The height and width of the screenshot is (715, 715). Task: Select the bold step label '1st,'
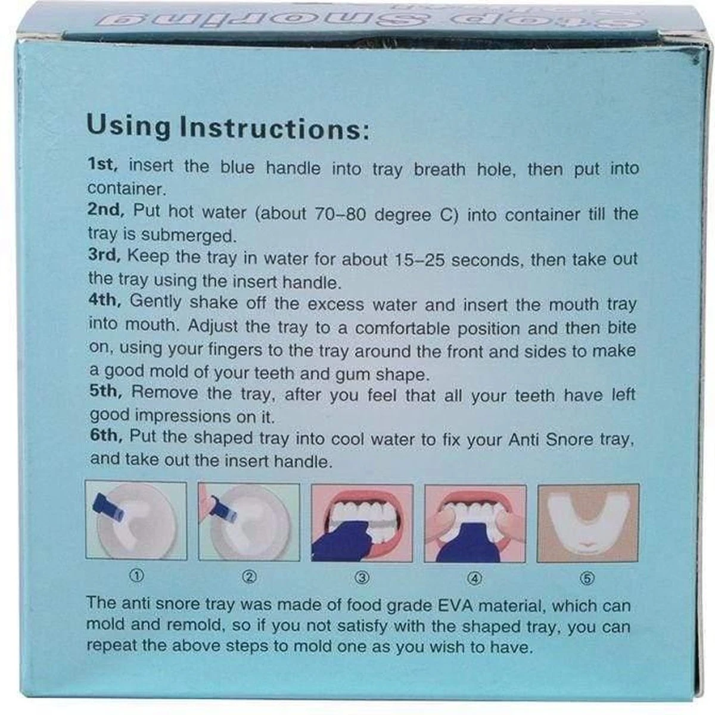(x=102, y=164)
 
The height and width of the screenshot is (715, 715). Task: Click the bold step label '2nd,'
(x=106, y=210)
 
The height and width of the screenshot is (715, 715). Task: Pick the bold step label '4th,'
(x=105, y=300)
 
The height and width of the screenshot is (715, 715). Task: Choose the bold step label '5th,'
(x=105, y=391)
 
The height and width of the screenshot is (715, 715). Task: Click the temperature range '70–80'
(x=340, y=214)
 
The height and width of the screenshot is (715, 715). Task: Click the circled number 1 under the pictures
(x=136, y=576)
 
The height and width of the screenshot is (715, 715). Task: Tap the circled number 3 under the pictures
(x=362, y=577)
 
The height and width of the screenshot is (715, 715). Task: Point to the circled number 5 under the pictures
(x=587, y=579)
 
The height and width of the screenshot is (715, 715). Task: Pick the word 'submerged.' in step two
(x=189, y=236)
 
